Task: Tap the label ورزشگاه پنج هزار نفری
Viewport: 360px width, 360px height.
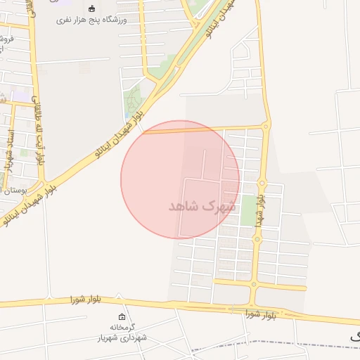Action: point(92,20)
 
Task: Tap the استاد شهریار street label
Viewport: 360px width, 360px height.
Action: point(9,148)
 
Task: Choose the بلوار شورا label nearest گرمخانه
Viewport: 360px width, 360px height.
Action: point(86,300)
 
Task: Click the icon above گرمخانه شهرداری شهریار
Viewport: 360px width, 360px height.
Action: point(123,317)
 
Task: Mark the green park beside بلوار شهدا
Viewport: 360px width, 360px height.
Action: point(248,210)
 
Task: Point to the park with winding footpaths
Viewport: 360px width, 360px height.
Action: point(132,104)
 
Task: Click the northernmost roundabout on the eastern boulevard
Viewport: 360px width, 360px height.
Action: point(265,127)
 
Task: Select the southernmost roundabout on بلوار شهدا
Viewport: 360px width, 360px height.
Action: point(254,284)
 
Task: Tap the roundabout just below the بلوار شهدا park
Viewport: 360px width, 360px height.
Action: point(257,239)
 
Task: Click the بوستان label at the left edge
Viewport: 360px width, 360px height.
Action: point(13,191)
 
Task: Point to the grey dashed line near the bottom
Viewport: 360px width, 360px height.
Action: point(295,342)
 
